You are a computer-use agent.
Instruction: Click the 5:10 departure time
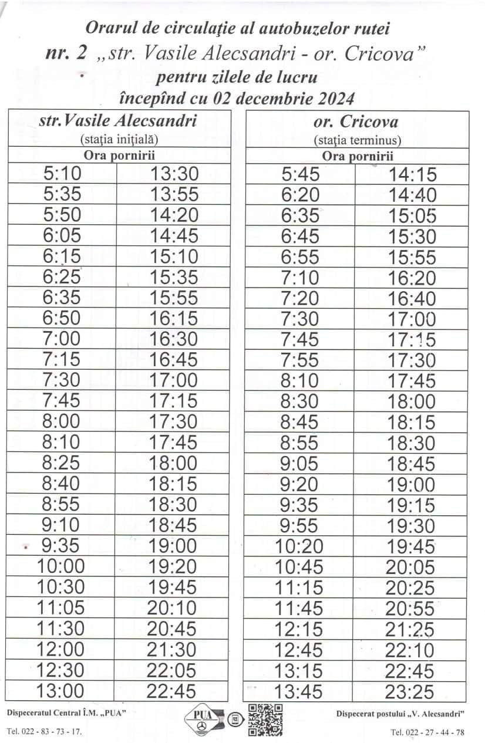pyautogui.click(x=62, y=174)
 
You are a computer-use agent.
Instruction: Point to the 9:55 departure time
pyautogui.click(x=299, y=525)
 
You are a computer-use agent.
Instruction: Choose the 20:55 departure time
pyautogui.click(x=410, y=609)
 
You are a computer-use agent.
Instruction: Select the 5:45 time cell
pyautogui.click(x=299, y=174)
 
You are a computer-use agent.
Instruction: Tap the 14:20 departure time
pyautogui.click(x=174, y=215)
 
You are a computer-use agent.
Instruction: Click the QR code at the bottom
pyautogui.click(x=265, y=720)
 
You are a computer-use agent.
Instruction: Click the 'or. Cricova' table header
pyautogui.click(x=356, y=122)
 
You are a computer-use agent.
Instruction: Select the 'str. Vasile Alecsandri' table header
pyautogui.click(x=117, y=121)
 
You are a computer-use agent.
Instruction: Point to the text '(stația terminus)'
pyautogui.click(x=357, y=141)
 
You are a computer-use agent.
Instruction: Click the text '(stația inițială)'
pyautogui.click(x=119, y=140)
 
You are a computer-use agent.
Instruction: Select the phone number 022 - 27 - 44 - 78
pyautogui.click(x=435, y=732)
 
